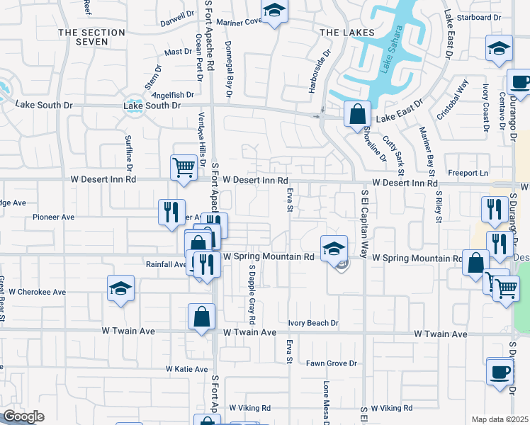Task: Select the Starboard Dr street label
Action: click(479, 17)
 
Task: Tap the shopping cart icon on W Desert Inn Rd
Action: click(183, 168)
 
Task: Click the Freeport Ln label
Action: click(469, 173)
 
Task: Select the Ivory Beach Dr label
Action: click(314, 323)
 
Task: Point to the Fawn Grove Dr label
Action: click(331, 363)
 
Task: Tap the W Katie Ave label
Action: click(187, 369)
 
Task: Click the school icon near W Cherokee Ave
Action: click(120, 288)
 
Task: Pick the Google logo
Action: click(23, 416)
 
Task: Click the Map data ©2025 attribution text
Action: click(500, 419)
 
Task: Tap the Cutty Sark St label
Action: click(393, 157)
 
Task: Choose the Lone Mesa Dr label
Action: click(327, 401)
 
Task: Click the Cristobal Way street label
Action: click(453, 100)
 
